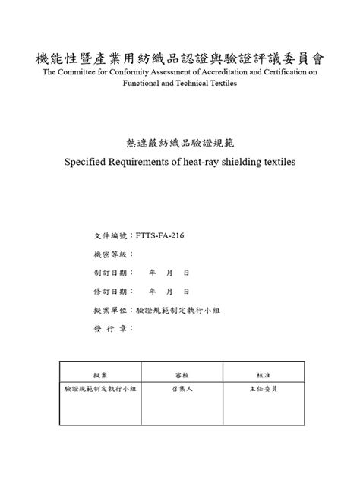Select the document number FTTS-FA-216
(x=159, y=235)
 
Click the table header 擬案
(x=100, y=374)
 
